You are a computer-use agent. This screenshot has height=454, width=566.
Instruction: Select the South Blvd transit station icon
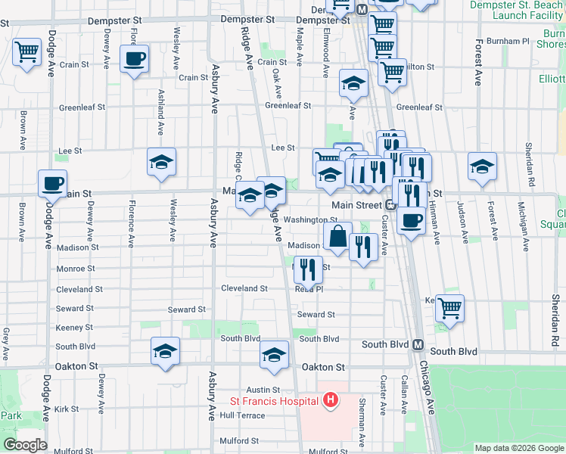click(417, 344)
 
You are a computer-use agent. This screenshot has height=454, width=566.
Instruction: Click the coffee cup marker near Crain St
click(134, 59)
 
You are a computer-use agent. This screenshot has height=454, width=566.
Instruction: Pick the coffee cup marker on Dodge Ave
click(52, 185)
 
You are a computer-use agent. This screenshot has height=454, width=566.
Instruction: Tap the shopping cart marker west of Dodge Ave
click(27, 53)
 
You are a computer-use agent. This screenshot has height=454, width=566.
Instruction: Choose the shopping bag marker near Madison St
click(337, 237)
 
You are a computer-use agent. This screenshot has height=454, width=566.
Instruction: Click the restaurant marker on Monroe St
click(308, 269)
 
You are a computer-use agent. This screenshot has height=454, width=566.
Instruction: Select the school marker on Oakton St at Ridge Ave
click(274, 355)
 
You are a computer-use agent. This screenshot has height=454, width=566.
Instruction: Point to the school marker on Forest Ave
click(482, 167)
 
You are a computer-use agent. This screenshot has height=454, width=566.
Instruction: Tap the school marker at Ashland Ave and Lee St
click(161, 163)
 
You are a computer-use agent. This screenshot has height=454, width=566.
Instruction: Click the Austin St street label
click(255, 389)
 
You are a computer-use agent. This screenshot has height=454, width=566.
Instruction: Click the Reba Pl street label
click(309, 289)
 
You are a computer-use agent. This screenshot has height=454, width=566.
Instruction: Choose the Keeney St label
click(74, 328)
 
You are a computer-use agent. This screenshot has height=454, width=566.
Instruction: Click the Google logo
click(25, 445)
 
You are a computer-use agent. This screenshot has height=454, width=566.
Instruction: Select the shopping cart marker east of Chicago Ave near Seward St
click(449, 309)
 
